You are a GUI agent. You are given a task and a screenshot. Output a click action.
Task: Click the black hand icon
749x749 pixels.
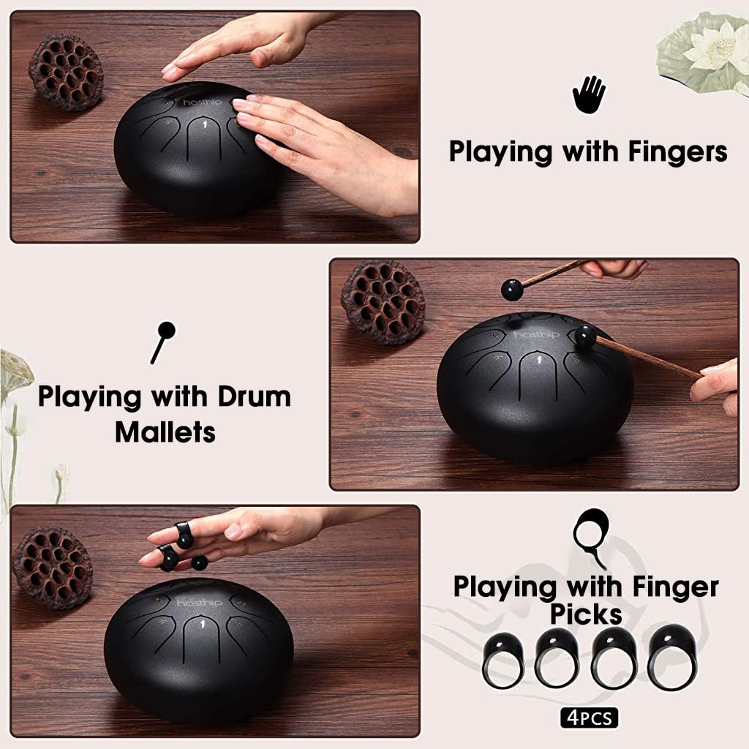pyautogui.click(x=589, y=95)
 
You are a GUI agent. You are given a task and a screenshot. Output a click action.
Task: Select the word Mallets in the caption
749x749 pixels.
pyautogui.click(x=165, y=432)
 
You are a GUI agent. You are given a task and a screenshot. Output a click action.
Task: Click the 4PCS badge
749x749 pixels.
pyautogui.click(x=590, y=718)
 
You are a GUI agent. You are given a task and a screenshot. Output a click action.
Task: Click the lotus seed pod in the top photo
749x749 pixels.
pyautogui.click(x=66, y=72)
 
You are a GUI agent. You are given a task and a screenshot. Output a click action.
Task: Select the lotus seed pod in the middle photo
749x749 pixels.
pyautogui.click(x=383, y=301)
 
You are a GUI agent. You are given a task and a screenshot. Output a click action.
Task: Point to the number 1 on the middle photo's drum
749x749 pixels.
pyautogui.click(x=539, y=360)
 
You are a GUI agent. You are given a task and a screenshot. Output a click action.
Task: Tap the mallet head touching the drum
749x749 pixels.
pyautogui.click(x=585, y=336)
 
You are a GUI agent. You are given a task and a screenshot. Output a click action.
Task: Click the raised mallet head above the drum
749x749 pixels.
pyautogui.click(x=511, y=290)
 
